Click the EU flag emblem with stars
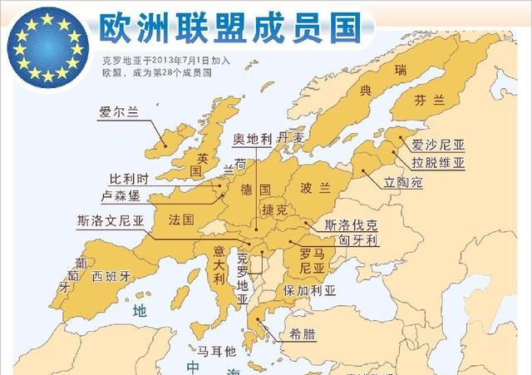click(48, 45)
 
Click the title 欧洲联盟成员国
click(216, 28)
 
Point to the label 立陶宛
click(403, 181)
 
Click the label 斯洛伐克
click(352, 225)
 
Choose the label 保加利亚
click(309, 291)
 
